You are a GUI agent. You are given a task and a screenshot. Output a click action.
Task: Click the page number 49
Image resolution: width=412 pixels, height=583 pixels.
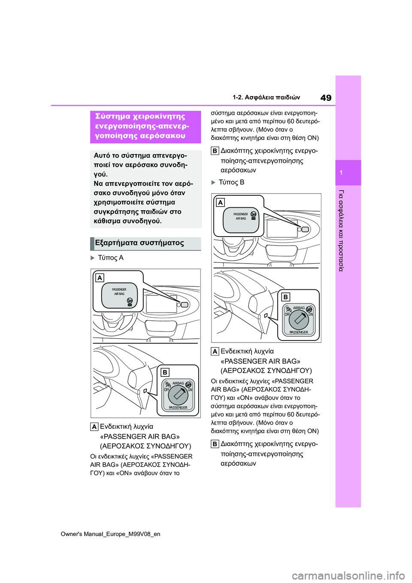tap(326, 98)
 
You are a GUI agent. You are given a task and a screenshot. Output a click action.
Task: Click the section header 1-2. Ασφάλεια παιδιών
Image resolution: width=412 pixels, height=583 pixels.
tap(266, 97)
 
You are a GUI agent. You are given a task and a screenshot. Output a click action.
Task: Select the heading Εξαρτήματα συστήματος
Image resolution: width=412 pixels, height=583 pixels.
tap(139, 243)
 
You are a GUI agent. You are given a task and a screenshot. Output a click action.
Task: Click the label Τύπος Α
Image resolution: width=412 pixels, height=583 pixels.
tap(111, 258)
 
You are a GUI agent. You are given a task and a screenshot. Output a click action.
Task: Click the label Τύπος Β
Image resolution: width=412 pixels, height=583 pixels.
tap(231, 182)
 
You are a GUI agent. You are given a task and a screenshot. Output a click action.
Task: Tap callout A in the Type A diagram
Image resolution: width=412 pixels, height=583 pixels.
tap(100, 278)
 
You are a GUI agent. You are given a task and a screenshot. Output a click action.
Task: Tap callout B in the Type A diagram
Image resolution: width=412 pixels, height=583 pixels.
tap(165, 373)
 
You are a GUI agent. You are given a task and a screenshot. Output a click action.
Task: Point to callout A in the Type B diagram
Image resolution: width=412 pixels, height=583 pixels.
tap(220, 203)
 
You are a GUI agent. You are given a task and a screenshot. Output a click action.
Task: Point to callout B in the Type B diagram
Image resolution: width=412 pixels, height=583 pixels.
tap(285, 297)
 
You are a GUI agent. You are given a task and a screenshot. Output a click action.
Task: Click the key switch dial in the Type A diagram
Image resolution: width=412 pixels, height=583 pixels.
tap(178, 396)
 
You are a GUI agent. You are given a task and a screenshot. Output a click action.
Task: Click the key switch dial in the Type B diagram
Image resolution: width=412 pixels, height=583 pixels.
tap(299, 320)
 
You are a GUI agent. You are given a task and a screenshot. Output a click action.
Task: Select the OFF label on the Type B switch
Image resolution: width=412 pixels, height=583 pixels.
tap(287, 314)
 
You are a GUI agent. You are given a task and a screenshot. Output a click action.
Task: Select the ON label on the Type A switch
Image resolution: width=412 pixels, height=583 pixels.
tap(190, 390)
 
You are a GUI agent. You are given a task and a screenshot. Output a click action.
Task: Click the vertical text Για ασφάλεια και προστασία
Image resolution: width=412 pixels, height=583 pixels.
tap(341, 231)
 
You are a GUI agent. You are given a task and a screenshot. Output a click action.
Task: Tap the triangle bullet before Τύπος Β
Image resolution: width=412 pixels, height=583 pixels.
tap(213, 182)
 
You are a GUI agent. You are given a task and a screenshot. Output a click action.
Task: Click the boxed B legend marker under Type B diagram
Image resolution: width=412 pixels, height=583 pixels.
tap(215, 444)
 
